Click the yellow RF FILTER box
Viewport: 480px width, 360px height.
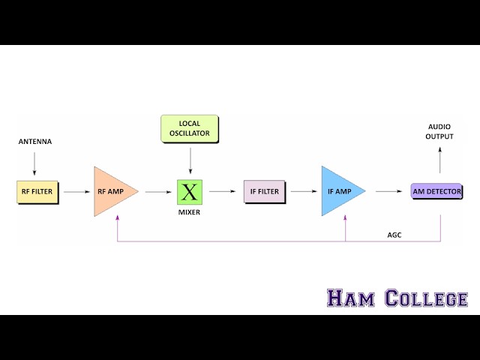click(x=37, y=192)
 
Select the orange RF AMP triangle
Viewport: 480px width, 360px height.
click(x=112, y=192)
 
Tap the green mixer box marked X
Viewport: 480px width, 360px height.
click(x=190, y=192)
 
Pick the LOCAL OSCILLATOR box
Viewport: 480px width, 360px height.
click(x=190, y=129)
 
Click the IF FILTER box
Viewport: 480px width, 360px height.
click(x=264, y=192)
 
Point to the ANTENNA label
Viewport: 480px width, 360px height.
click(x=35, y=142)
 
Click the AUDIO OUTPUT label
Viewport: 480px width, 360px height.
click(x=440, y=131)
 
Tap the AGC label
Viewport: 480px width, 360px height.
click(x=394, y=235)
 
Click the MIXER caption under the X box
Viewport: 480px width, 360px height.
click(x=190, y=213)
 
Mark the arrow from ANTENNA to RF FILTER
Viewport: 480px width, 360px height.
click(x=35, y=162)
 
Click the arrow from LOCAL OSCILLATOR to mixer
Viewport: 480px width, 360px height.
click(x=190, y=160)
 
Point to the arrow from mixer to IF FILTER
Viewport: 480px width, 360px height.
click(x=222, y=192)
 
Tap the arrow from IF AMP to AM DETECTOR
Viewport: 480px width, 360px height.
click(x=388, y=192)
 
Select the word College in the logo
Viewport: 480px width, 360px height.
click(x=426, y=298)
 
